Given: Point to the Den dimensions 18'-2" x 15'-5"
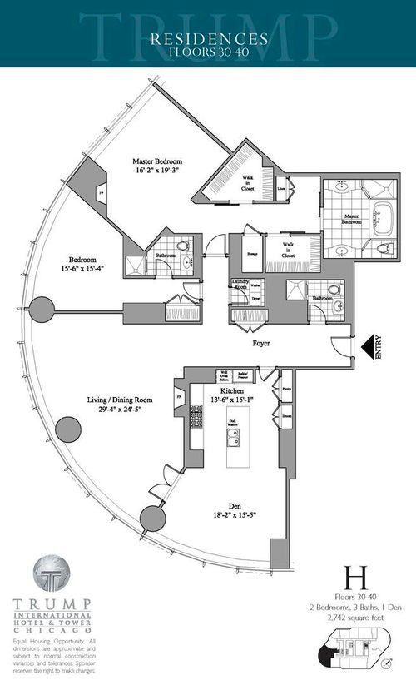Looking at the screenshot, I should click(215, 514).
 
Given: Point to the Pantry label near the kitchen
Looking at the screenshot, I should click(286, 388).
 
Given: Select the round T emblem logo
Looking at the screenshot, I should click(50, 576).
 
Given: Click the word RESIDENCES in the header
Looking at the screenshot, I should click(208, 37).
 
